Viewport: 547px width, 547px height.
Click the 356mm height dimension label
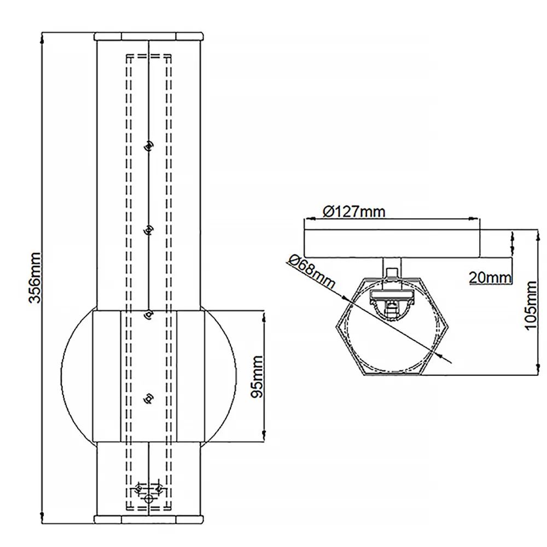[x=35, y=278]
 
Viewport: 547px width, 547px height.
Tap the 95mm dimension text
[x=257, y=376]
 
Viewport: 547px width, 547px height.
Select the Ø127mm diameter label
[x=354, y=211]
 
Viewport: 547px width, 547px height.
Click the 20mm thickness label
[x=490, y=278]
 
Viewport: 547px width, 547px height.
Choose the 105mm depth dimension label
[x=530, y=305]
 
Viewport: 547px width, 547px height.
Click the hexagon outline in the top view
[x=336, y=326]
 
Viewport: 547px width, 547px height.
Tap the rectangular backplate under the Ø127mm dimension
[x=392, y=243]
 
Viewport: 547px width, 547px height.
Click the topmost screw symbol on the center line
[x=149, y=146]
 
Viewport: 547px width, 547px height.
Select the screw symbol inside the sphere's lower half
[x=149, y=398]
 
